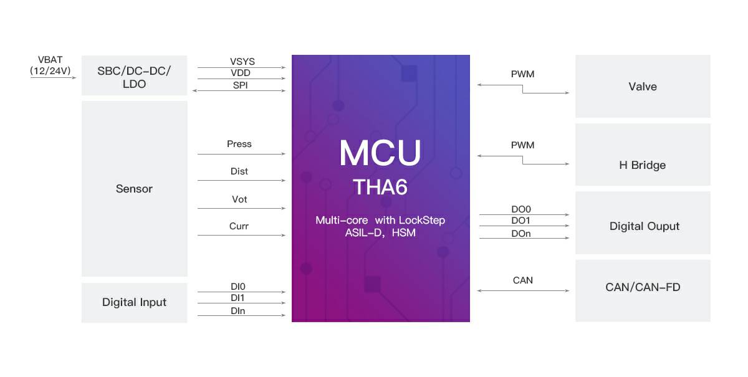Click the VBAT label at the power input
(x=50, y=60)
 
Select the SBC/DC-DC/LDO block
(x=134, y=76)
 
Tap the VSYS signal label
(x=242, y=62)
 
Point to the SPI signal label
(x=240, y=85)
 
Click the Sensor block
(x=134, y=189)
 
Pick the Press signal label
(x=239, y=144)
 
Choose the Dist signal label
(x=239, y=171)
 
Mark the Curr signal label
(x=239, y=226)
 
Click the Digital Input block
(x=134, y=302)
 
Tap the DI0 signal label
(x=238, y=287)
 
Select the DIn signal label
(x=238, y=310)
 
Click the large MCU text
(x=380, y=153)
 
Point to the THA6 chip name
(x=380, y=188)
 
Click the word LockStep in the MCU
(x=422, y=221)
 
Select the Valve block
(x=643, y=87)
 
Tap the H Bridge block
(x=642, y=165)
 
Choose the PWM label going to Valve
(x=522, y=74)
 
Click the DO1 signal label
(x=521, y=221)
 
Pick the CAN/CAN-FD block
(x=643, y=287)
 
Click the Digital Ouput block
(x=644, y=226)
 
